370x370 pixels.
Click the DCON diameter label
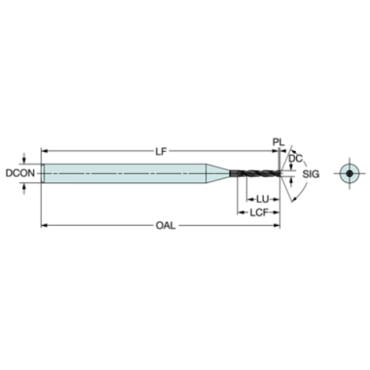coord(17,173)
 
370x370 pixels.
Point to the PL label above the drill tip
coord(278,142)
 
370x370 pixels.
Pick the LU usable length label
coord(262,199)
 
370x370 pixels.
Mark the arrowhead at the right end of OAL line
coord(279,225)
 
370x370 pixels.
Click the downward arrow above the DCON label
coord(26,159)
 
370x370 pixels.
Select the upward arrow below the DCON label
coord(26,187)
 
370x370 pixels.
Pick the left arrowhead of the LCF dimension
coord(242,212)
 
